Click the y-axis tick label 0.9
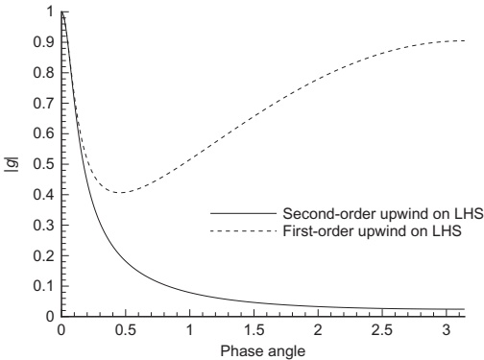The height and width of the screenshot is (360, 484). coord(43,42)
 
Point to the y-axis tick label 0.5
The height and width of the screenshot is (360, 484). coord(43,164)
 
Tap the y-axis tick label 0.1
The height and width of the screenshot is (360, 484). coord(43,286)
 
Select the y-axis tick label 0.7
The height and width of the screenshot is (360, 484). coord(43,103)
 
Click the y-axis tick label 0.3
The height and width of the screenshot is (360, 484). coord(43,225)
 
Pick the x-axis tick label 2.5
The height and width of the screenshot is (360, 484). coord(382,330)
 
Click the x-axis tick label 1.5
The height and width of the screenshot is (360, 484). coord(254,330)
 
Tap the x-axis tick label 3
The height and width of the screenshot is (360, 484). coord(447,330)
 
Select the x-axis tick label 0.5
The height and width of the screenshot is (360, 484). coord(126,330)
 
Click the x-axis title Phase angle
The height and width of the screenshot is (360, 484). coord(263,351)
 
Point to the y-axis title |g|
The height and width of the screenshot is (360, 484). coord(12,164)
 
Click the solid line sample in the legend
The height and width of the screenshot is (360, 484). coord(243,213)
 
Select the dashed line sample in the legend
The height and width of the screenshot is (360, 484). coord(243,230)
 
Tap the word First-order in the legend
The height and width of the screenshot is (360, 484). coord(318,230)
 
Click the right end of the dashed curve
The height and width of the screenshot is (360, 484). coord(464,40)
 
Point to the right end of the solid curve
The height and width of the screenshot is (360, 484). coord(464,309)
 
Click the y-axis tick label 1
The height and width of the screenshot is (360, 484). coord(50,12)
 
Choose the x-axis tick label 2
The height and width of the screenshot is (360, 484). coord(318,330)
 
